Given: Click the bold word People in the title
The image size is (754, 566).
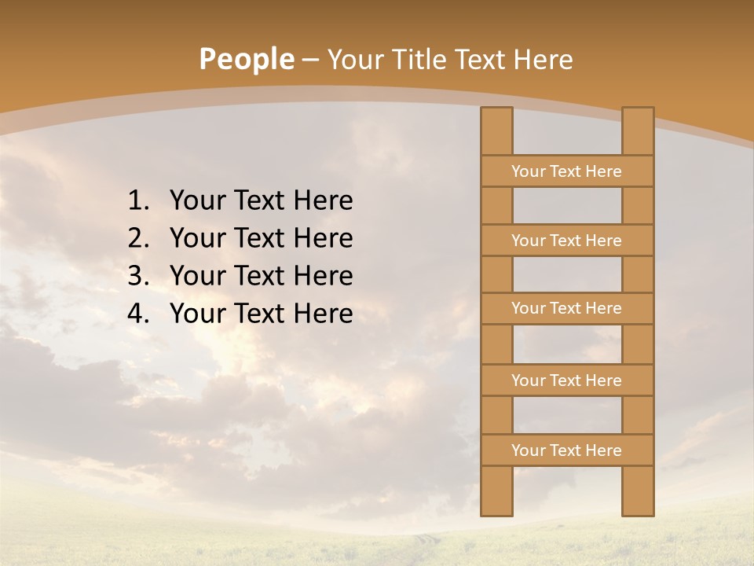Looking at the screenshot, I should (247, 59).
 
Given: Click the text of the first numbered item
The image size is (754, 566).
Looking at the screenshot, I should (261, 201).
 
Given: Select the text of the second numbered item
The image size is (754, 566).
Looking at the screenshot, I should (261, 239).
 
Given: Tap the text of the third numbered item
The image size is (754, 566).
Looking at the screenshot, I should (261, 277).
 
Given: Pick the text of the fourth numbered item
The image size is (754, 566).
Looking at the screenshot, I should (261, 314).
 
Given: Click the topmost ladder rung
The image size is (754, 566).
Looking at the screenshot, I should (566, 171).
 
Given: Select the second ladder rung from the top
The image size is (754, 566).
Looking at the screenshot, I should (566, 241).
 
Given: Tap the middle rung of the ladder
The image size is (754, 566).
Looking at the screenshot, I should (566, 308).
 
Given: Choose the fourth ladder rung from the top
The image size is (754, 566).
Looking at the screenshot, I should (566, 380).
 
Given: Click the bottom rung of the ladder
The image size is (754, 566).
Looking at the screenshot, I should (566, 450).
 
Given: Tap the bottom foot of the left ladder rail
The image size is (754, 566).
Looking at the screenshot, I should (496, 507).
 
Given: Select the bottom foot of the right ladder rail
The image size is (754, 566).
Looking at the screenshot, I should (638, 507).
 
